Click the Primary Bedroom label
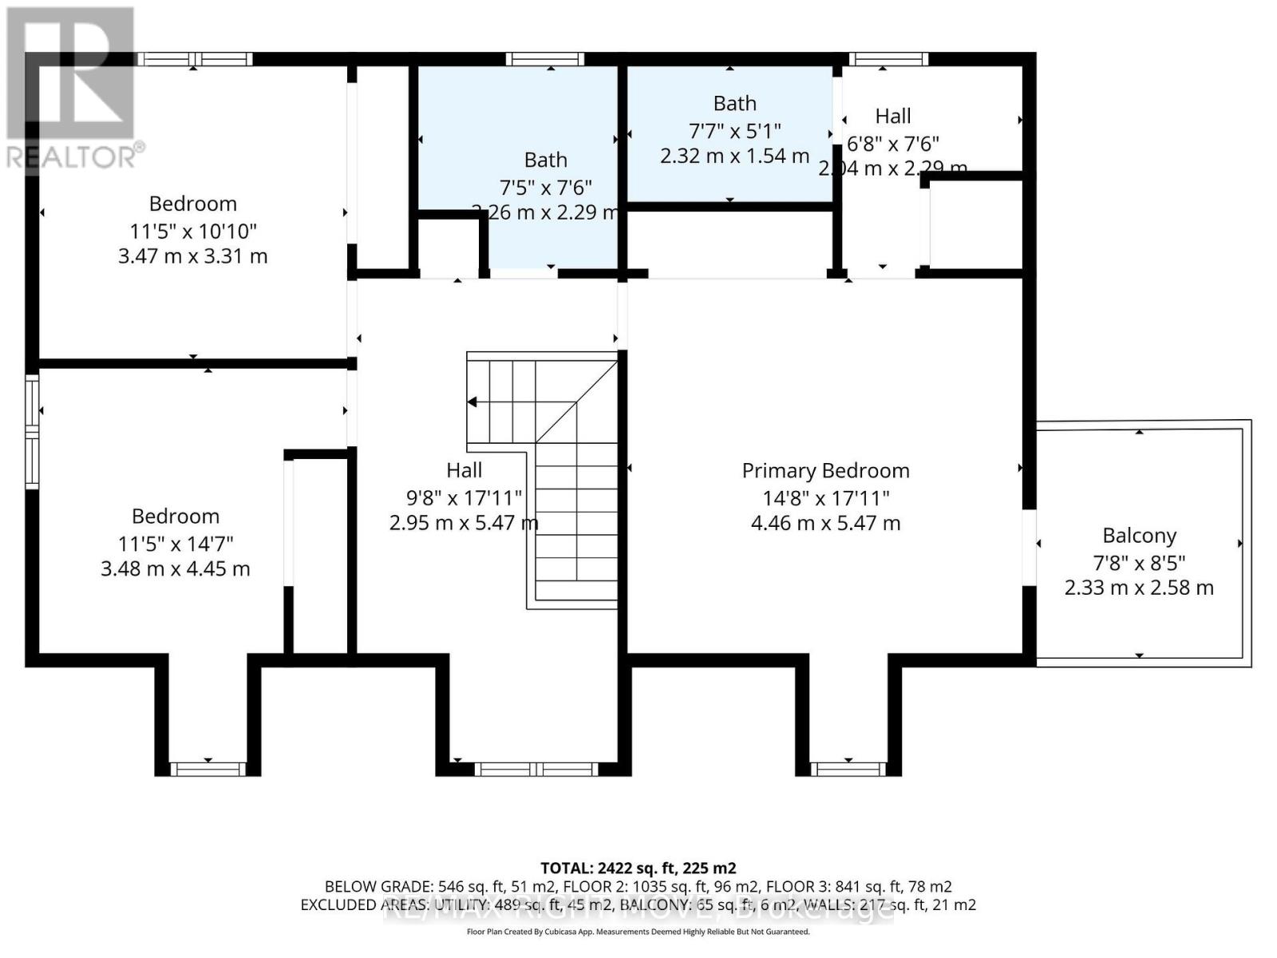(x=825, y=471)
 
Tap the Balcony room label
(x=1139, y=536)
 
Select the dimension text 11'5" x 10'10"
(x=193, y=232)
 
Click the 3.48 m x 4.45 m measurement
(x=175, y=569)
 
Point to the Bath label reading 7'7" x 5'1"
(x=734, y=104)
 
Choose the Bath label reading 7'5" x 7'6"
(x=545, y=160)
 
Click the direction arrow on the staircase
(x=472, y=402)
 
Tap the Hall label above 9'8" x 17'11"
(x=464, y=470)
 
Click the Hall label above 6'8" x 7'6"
(x=892, y=117)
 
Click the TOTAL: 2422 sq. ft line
(x=638, y=868)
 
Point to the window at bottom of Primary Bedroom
(x=848, y=769)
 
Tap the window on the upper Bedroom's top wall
(x=194, y=59)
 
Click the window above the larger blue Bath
(x=545, y=59)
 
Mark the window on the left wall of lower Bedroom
(x=32, y=431)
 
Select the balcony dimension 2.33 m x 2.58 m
(x=1139, y=588)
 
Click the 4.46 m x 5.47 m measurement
(x=825, y=524)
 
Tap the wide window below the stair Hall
(x=536, y=769)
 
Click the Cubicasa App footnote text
(x=638, y=932)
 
